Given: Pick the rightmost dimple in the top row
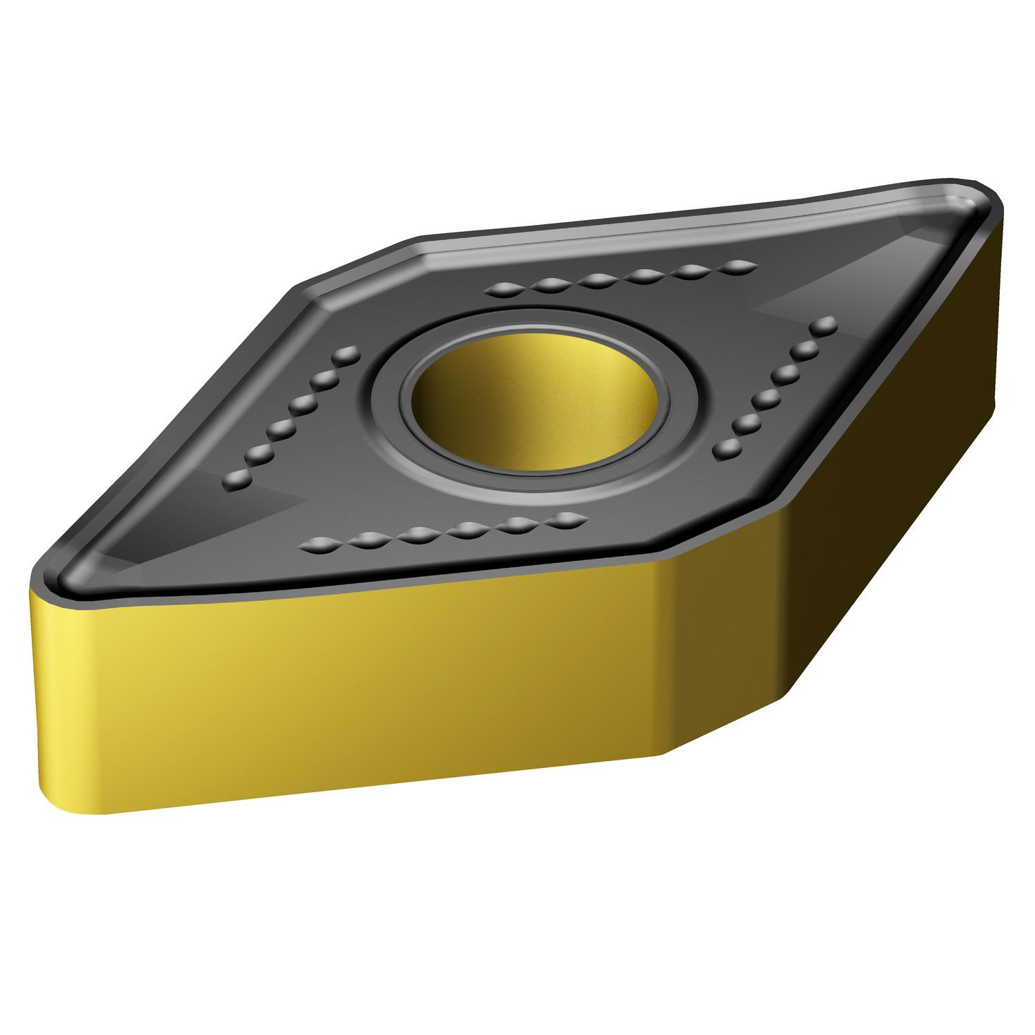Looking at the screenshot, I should click(738, 266).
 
